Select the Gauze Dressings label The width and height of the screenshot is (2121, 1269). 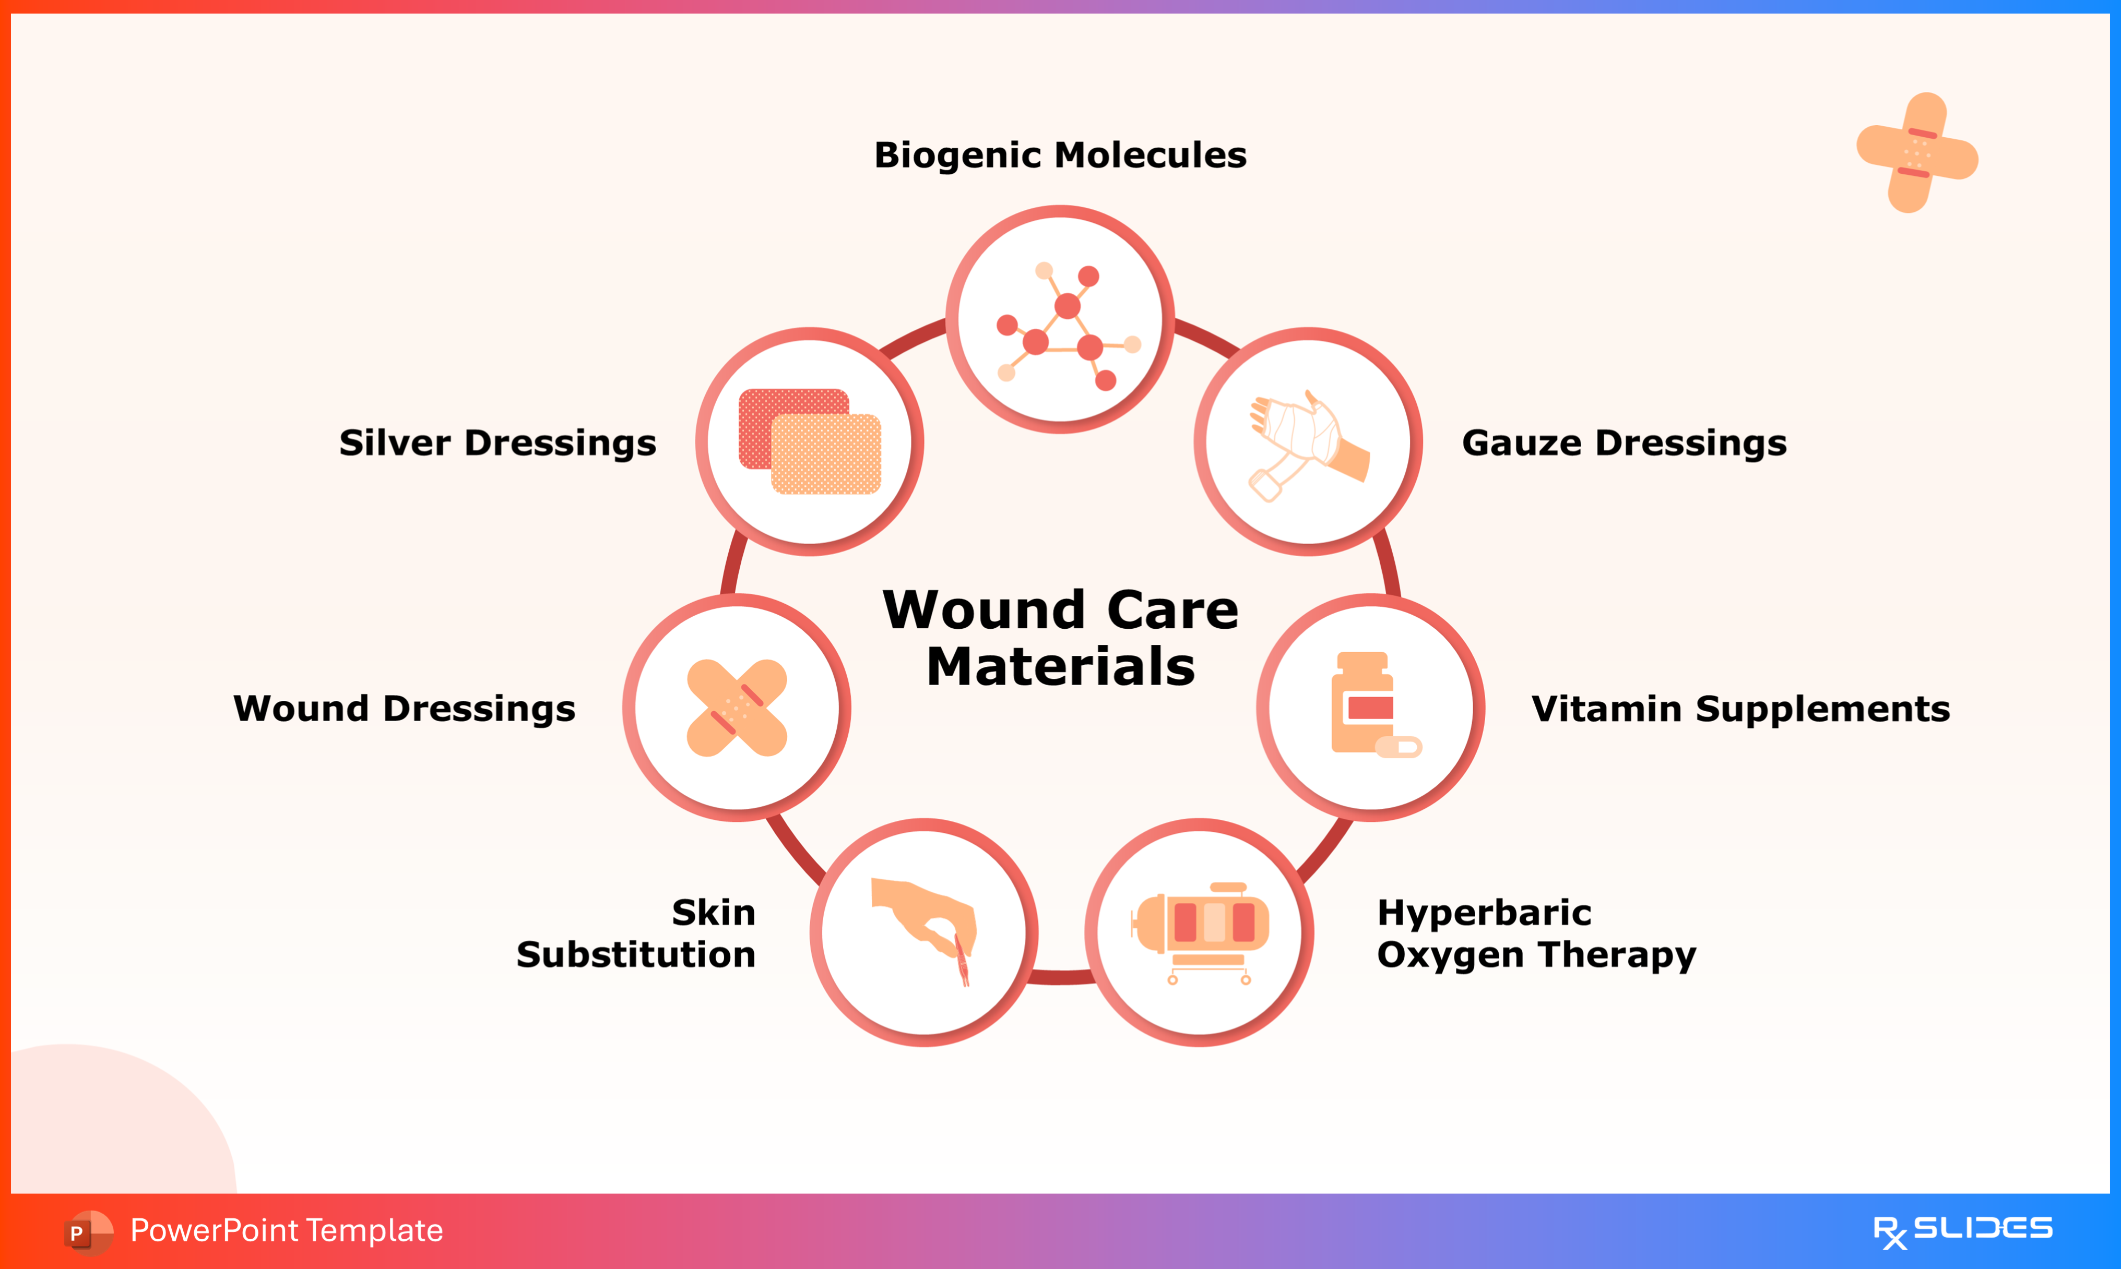1624,443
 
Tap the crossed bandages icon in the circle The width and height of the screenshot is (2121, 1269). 737,708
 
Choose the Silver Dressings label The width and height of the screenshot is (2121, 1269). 497,443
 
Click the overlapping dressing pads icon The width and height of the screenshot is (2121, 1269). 809,441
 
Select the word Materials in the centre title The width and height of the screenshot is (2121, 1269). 1061,667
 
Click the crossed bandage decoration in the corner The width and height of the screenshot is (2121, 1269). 1916,152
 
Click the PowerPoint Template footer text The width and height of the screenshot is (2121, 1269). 287,1230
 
